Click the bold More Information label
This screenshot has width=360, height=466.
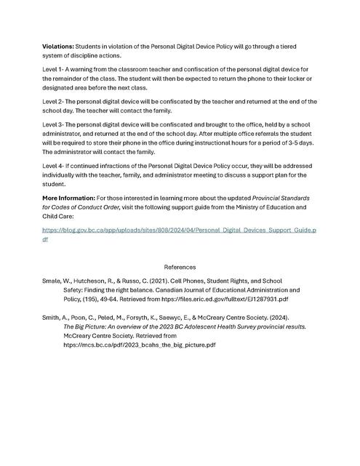68,198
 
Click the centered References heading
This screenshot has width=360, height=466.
180,268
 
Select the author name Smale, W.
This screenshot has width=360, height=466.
59,280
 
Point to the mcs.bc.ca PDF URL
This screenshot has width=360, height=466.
140,345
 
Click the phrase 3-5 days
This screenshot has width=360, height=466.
302,143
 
